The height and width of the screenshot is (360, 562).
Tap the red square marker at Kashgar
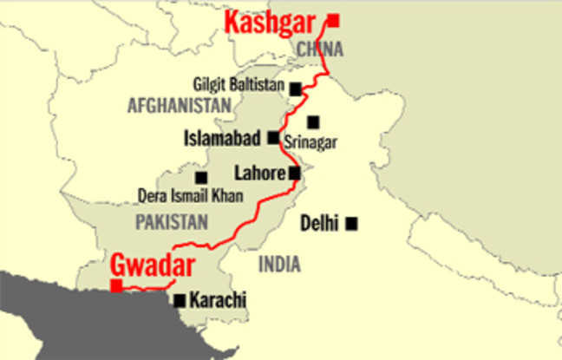pyautogui.click(x=333, y=20)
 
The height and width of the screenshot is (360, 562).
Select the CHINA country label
pyautogui.click(x=320, y=49)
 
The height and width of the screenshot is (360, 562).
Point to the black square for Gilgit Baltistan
pyautogui.click(x=296, y=88)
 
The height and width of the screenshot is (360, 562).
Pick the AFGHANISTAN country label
pyautogui.click(x=180, y=106)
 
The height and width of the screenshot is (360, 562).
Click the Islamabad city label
pyautogui.click(x=225, y=138)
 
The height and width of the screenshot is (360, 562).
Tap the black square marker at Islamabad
pyautogui.click(x=273, y=137)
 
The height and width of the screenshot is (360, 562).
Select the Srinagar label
pyautogui.click(x=310, y=141)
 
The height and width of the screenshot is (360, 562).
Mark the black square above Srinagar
pyautogui.click(x=313, y=122)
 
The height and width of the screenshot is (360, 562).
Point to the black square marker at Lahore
pyautogui.click(x=295, y=173)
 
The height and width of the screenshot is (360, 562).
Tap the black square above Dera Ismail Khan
pyautogui.click(x=201, y=177)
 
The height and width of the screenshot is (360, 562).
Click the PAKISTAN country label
pyautogui.click(x=172, y=222)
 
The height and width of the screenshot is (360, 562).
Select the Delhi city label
pyautogui.click(x=319, y=224)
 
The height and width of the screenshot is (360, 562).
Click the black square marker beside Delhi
pyautogui.click(x=351, y=224)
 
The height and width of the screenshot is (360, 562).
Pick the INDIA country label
pyautogui.click(x=279, y=265)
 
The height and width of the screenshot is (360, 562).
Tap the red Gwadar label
pyautogui.click(x=152, y=265)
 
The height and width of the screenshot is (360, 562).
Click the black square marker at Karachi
pyautogui.click(x=180, y=301)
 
